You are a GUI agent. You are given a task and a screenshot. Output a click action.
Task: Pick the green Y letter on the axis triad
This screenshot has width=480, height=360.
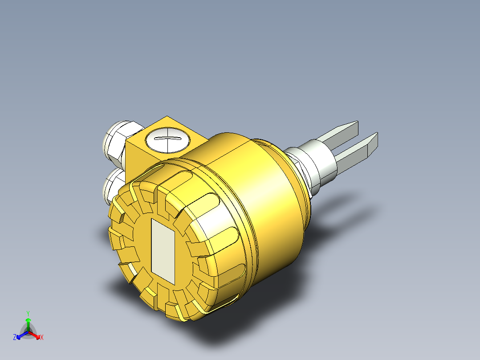point(28,313)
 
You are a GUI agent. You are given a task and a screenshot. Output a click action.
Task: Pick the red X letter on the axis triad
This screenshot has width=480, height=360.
point(42,338)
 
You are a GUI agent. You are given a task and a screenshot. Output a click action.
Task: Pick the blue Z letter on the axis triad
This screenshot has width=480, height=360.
point(15,337)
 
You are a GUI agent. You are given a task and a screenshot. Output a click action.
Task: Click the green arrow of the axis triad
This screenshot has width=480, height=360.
point(28,323)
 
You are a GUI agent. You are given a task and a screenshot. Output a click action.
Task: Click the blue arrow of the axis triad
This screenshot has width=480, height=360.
point(20,335)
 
